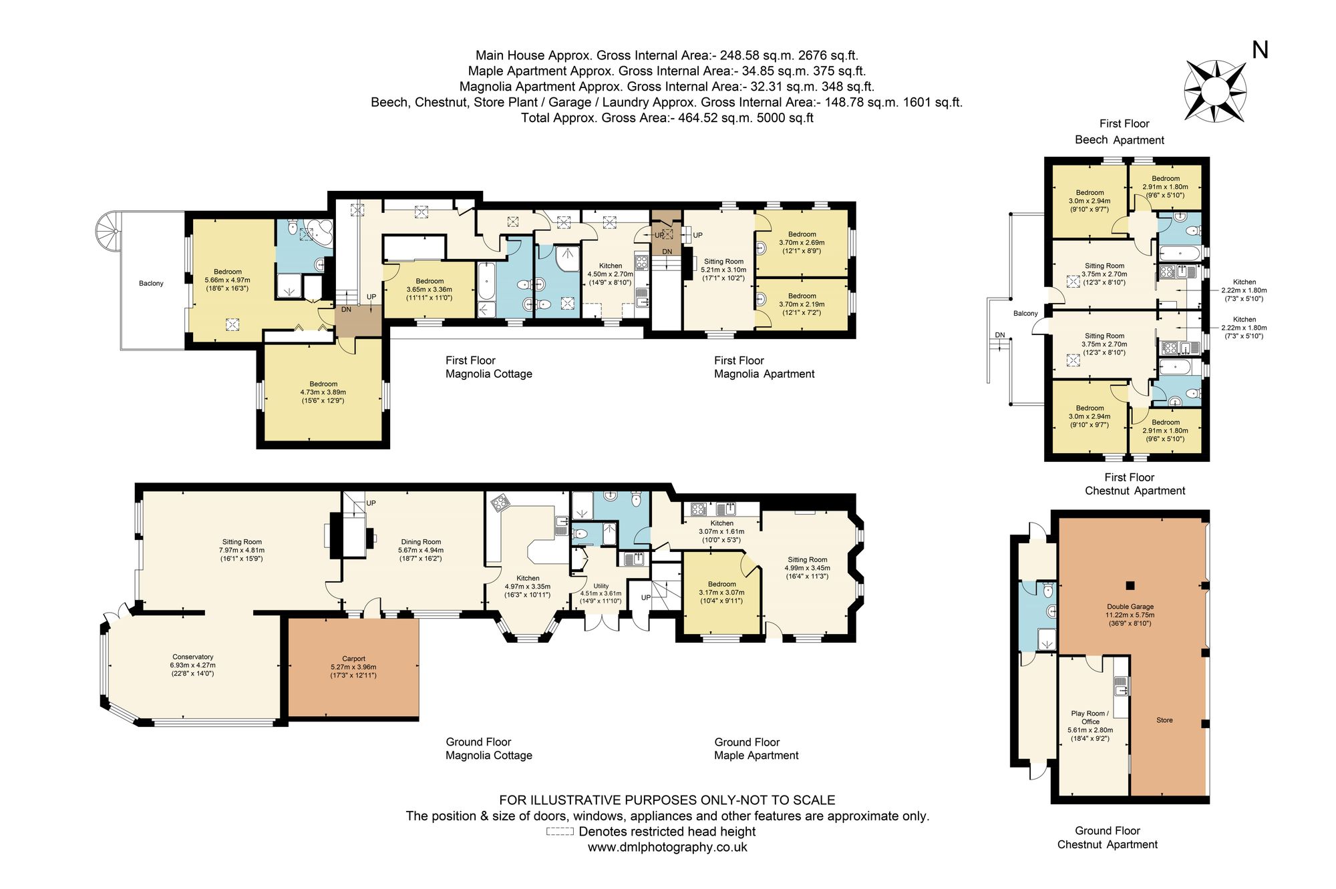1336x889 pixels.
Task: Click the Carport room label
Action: (x=353, y=667)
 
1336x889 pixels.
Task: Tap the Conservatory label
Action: (x=192, y=665)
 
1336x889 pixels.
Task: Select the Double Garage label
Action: (x=1130, y=615)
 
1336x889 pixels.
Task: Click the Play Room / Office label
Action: (x=1090, y=725)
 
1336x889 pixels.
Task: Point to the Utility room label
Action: (x=601, y=593)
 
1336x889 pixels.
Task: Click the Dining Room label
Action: (x=421, y=550)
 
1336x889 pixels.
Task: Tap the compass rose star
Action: (x=1215, y=91)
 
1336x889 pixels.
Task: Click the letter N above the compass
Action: (x=1260, y=50)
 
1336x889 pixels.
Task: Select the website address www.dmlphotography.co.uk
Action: (x=667, y=847)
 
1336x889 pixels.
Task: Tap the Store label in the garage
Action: (x=1164, y=720)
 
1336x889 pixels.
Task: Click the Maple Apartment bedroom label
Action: (x=721, y=592)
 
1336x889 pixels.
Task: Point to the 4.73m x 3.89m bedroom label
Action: (x=323, y=392)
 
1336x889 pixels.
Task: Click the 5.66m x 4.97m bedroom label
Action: (x=228, y=280)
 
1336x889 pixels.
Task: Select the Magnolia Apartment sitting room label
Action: (x=723, y=270)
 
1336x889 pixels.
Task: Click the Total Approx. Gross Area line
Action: (x=667, y=118)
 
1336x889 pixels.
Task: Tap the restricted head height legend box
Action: (x=560, y=832)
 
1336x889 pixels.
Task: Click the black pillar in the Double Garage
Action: (x=1130, y=586)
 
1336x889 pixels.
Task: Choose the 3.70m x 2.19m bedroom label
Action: (x=802, y=304)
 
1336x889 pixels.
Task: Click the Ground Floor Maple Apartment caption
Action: (x=756, y=749)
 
